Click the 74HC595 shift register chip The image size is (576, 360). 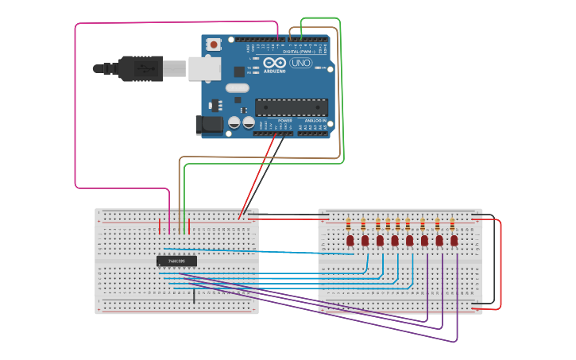point(176,261)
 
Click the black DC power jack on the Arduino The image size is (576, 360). point(208,124)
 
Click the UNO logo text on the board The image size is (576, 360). point(301,63)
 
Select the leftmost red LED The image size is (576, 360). point(350,240)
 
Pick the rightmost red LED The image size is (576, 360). point(454,240)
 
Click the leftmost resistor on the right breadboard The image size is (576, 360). point(348,223)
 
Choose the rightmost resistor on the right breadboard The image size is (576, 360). point(452,223)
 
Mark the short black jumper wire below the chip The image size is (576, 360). point(194,296)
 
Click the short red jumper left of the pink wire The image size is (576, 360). point(160,226)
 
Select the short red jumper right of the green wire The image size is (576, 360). point(191,226)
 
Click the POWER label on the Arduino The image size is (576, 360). point(284,121)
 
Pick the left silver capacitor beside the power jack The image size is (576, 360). point(234,122)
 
